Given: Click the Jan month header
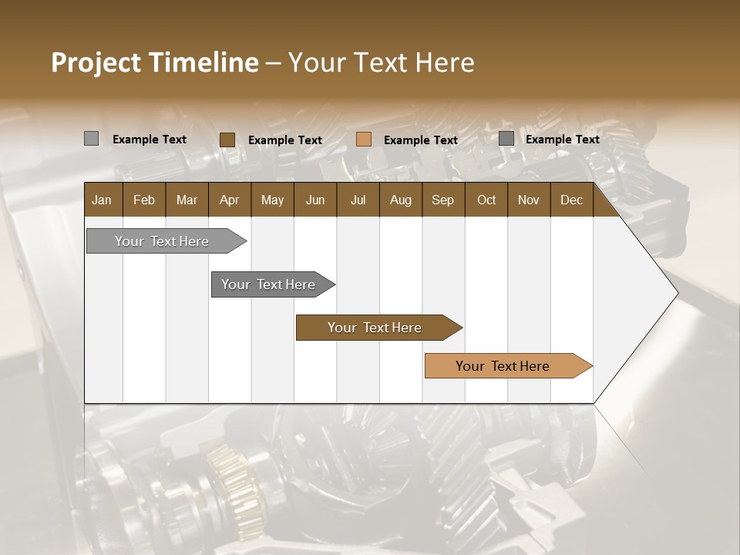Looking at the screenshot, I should coord(102,200).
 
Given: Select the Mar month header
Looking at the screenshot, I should coord(187,200).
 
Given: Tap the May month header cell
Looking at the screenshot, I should coord(272,200).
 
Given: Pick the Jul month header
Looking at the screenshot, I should coord(358,200).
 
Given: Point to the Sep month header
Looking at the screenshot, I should coord(442,200).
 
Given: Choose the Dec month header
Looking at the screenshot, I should coord(571,200).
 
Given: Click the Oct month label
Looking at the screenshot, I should coord(486,200).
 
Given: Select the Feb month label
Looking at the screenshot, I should coord(144,200).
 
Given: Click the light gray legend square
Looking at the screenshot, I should coord(91,139).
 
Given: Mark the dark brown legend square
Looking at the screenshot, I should coord(227,140).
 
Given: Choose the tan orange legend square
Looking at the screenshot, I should coord(364,140).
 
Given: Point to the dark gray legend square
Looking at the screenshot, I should coord(506,139).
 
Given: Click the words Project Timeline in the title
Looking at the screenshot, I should coord(154,62).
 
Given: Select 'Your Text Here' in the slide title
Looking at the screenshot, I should coord(381,62).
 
